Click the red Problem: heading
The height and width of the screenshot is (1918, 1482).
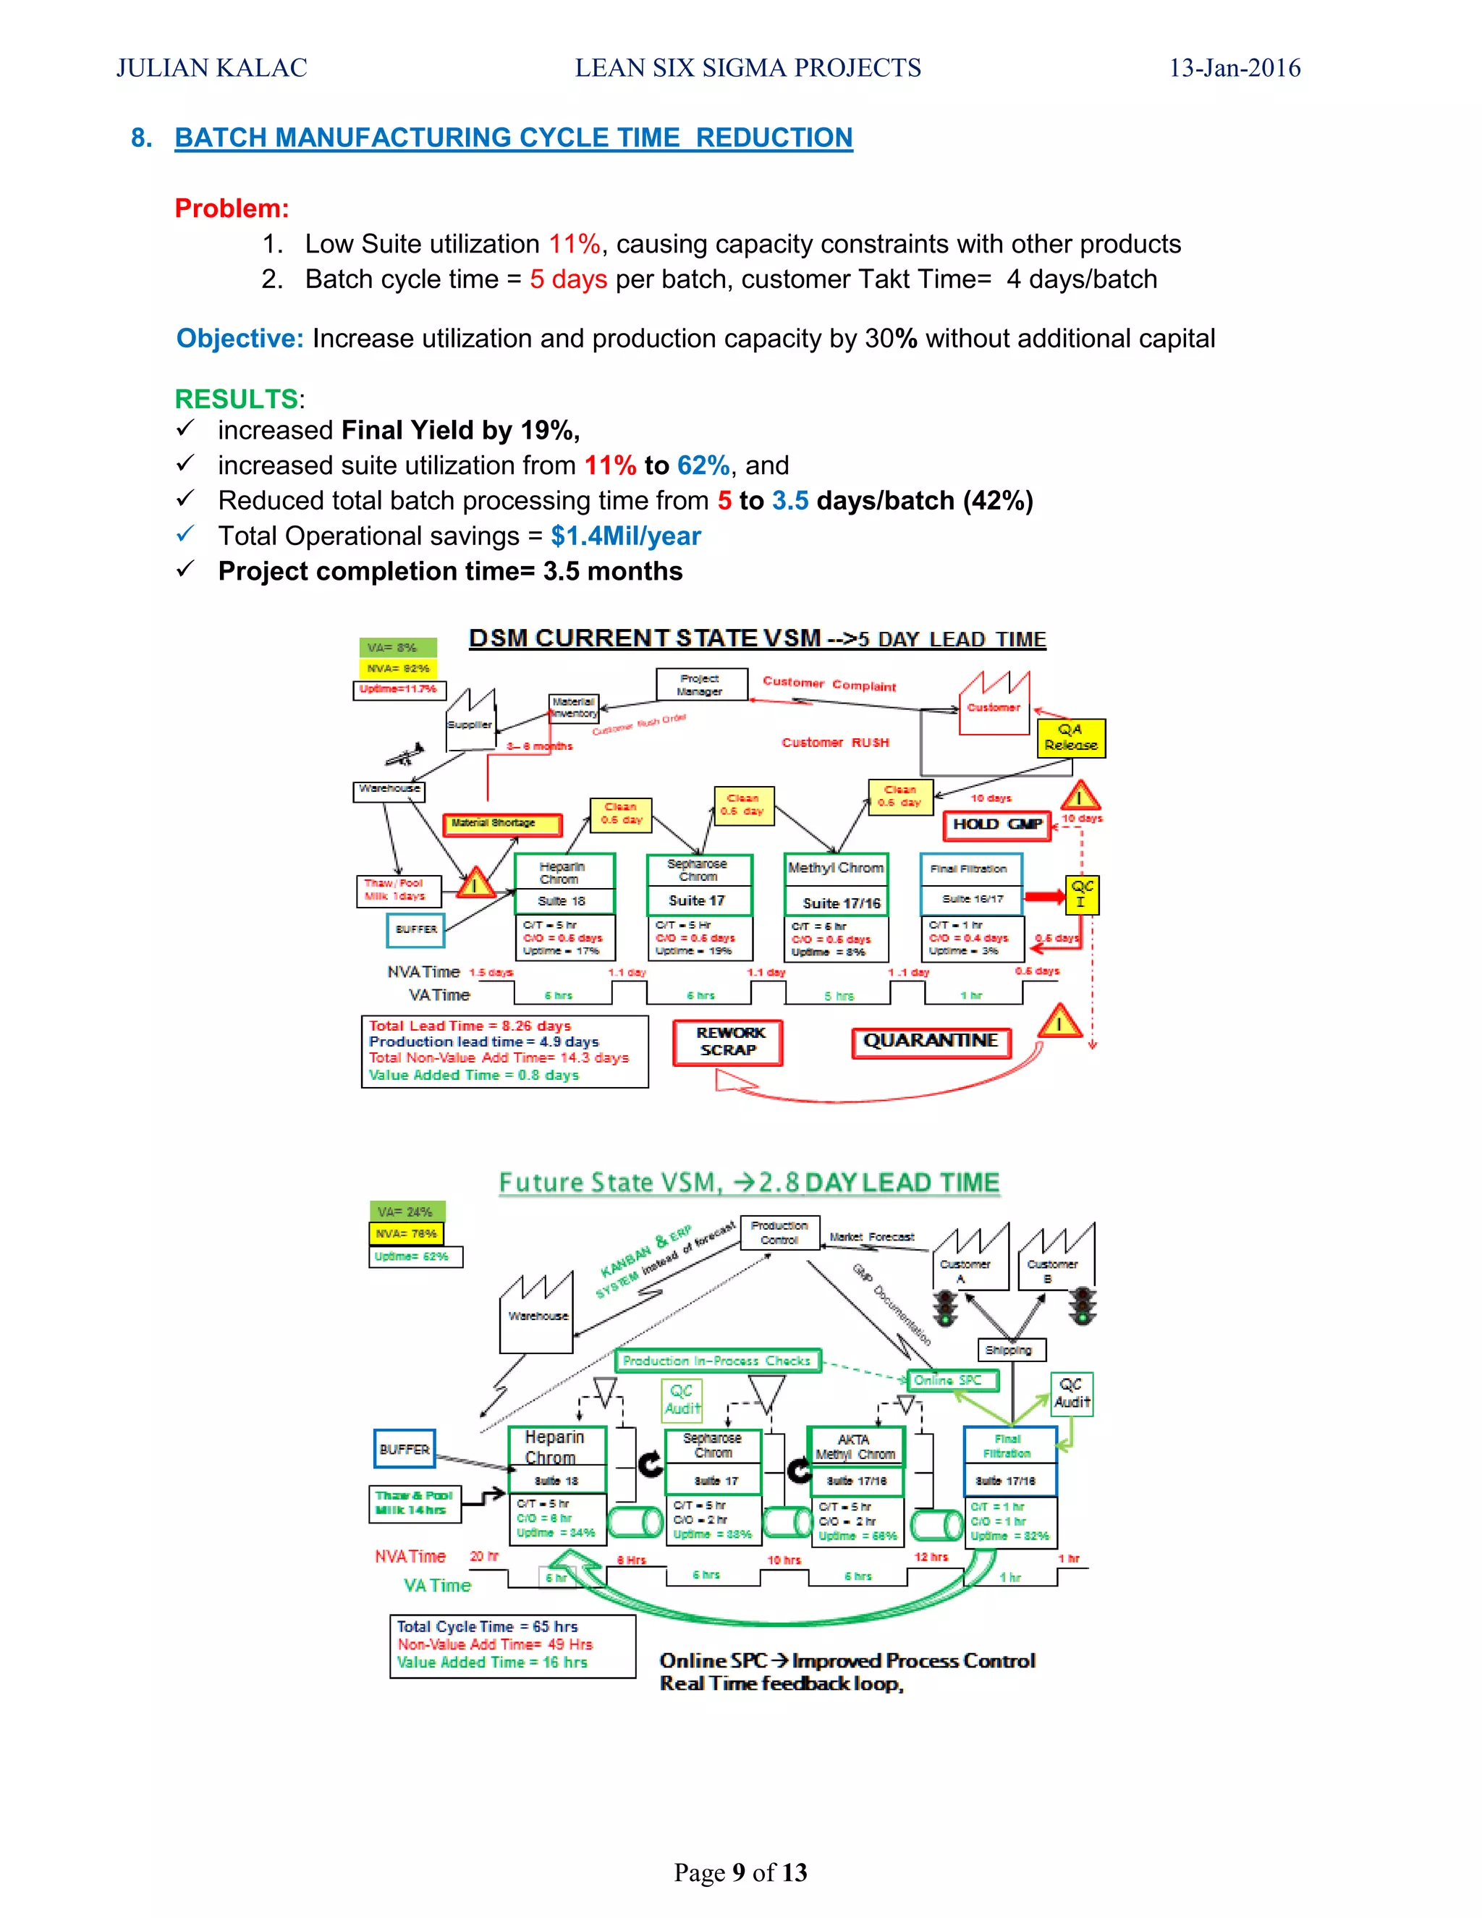(x=232, y=208)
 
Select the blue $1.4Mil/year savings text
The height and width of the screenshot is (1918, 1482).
(x=625, y=536)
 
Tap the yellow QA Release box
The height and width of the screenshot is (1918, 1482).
(x=1070, y=738)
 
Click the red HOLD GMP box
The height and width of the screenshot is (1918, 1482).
(x=996, y=824)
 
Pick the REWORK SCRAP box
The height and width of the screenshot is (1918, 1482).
(x=727, y=1042)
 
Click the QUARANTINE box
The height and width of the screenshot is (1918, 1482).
(x=930, y=1042)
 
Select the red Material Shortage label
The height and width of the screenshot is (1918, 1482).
(x=501, y=824)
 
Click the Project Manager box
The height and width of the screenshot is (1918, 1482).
(x=700, y=685)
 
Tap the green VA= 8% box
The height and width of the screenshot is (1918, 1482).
(x=397, y=647)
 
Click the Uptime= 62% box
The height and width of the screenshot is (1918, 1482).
(x=415, y=1256)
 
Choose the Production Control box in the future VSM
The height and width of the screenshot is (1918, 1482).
(x=779, y=1232)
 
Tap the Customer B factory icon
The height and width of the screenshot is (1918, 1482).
(x=1054, y=1259)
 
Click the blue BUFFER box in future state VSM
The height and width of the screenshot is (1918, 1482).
(x=404, y=1449)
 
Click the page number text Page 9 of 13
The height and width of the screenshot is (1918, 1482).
(x=740, y=1872)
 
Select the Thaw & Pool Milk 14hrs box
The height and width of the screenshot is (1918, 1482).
(x=413, y=1503)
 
